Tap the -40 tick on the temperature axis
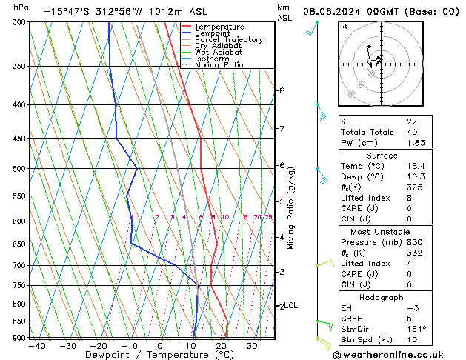click(36, 346)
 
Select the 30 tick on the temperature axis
click(252, 346)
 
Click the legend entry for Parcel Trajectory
click(228, 40)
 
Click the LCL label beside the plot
click(292, 305)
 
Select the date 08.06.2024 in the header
click(333, 12)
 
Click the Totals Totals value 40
click(412, 132)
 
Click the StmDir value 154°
click(416, 329)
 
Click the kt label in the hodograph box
click(344, 26)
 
